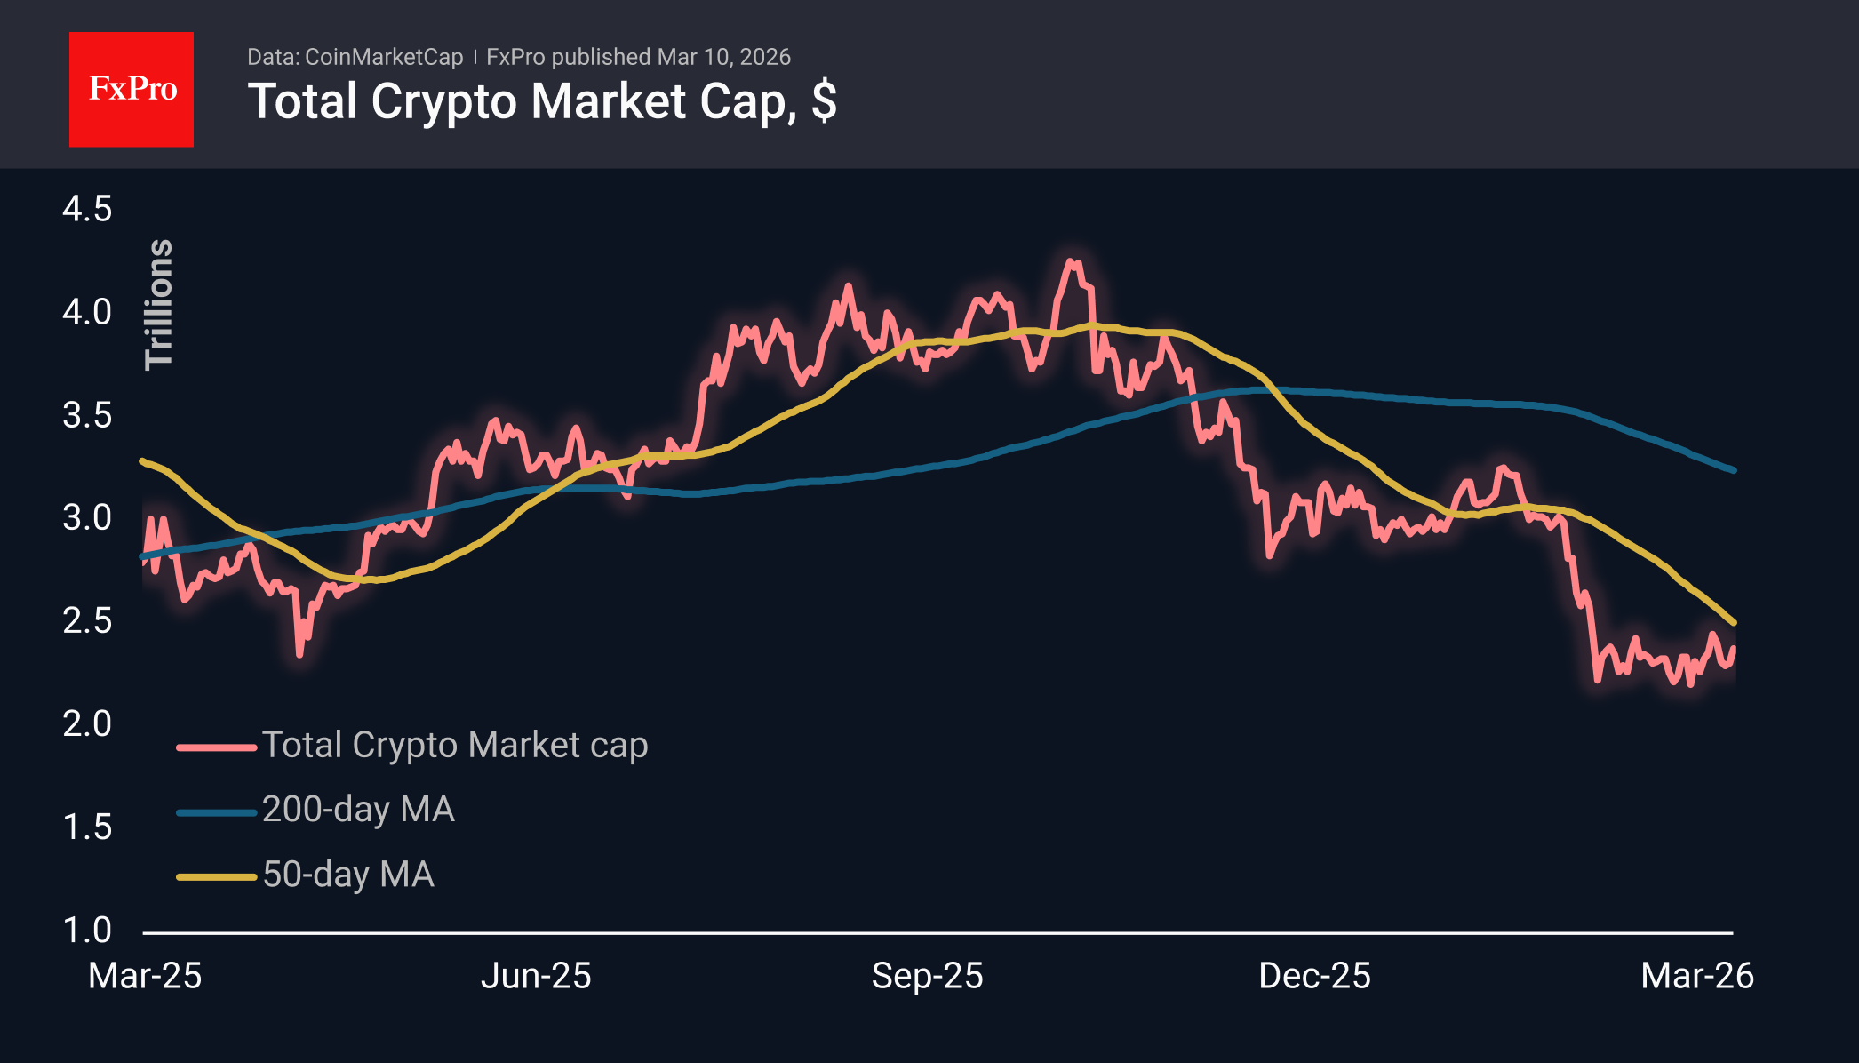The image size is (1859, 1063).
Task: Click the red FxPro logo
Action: point(132,89)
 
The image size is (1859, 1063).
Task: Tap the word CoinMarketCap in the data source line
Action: point(383,57)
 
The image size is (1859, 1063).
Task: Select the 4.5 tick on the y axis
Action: point(87,209)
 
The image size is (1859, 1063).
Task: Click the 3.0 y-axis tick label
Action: point(87,517)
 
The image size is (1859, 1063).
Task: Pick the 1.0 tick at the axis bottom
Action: point(87,930)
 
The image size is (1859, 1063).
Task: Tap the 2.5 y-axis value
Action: point(87,620)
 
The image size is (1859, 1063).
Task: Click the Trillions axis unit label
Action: point(159,304)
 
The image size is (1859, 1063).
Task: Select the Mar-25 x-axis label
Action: point(145,976)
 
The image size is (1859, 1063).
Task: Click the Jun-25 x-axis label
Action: point(536,976)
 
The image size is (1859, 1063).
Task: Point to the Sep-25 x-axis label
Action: point(927,976)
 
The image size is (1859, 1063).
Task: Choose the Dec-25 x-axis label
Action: point(1314,976)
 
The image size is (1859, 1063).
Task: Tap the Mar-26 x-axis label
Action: point(1696,976)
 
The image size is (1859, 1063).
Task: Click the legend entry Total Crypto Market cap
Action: point(455,745)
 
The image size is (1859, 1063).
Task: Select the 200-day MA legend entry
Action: point(358,810)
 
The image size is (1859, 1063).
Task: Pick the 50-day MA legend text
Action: point(348,875)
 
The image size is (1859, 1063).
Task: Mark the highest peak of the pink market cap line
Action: point(1072,261)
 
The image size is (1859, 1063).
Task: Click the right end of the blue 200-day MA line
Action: point(1733,470)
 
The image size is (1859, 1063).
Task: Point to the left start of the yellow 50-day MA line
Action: point(142,460)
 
